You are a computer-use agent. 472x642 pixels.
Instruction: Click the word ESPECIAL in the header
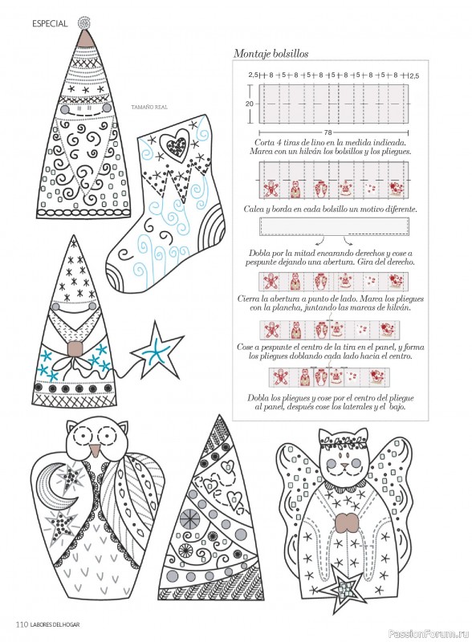(x=50, y=24)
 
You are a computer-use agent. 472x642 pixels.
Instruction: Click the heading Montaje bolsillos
(x=271, y=54)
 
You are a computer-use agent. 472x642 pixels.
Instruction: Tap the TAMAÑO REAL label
(x=149, y=108)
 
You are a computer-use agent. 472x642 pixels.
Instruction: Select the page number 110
(x=22, y=624)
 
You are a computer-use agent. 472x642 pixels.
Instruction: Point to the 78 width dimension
(x=328, y=132)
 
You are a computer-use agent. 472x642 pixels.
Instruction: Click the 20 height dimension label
(x=249, y=104)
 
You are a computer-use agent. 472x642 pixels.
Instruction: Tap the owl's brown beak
(x=95, y=450)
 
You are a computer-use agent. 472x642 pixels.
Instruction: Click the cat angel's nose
(x=345, y=465)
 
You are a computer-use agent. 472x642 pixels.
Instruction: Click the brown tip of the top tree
(x=86, y=38)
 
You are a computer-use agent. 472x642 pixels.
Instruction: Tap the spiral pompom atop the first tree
(x=84, y=22)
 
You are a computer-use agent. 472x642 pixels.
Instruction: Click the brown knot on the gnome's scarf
(x=75, y=348)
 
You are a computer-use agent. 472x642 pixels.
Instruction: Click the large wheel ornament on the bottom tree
(x=190, y=518)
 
